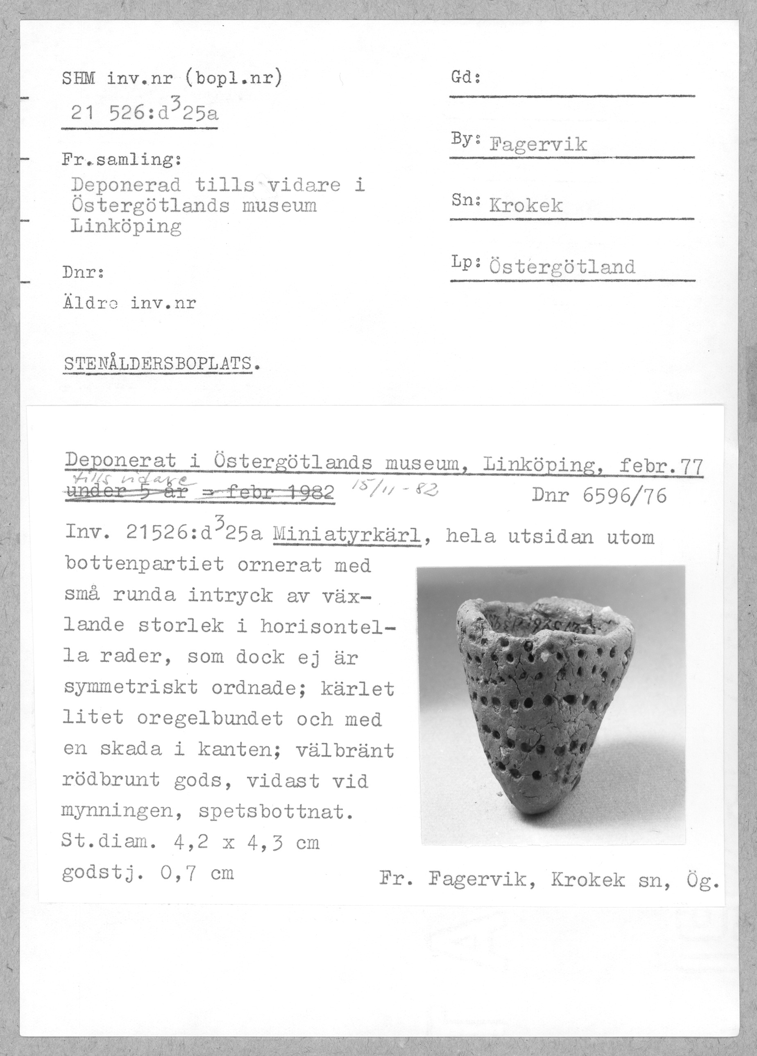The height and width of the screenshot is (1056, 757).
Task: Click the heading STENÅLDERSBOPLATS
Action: (158, 364)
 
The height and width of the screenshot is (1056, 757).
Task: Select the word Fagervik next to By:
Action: (538, 144)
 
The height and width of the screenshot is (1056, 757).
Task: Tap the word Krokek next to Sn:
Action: (526, 205)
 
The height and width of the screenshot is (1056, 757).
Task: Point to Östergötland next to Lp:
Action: (562, 267)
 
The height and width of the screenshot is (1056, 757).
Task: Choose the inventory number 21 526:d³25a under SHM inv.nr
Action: (144, 112)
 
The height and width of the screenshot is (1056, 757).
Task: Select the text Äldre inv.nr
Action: (129, 304)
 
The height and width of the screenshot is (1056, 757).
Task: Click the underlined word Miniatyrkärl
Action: (347, 537)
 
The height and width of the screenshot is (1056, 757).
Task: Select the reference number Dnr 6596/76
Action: (599, 496)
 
